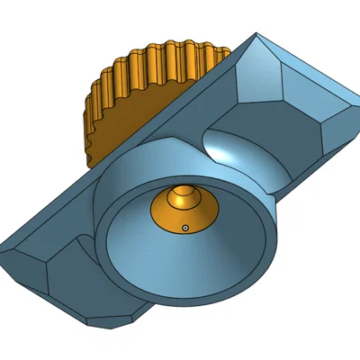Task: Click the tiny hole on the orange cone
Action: [x=184, y=228]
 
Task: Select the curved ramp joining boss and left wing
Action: [x=90, y=243]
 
